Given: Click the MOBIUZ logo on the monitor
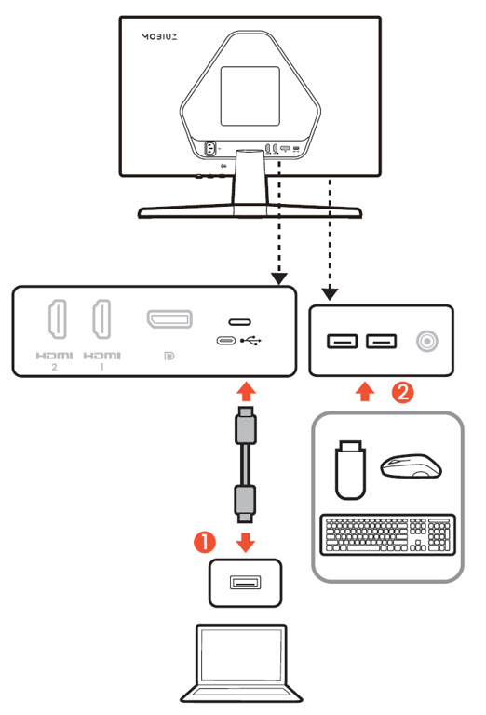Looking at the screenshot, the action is [x=159, y=37].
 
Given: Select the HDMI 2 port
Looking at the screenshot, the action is [x=58, y=318].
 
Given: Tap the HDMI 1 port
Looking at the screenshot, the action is [x=101, y=318].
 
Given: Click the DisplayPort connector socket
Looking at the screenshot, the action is [x=169, y=318].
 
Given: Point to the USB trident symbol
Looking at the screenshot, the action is [x=250, y=340].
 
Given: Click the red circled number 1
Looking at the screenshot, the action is [x=205, y=542].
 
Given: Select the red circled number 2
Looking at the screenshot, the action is [x=403, y=392].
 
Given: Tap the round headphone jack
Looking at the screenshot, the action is [x=427, y=341].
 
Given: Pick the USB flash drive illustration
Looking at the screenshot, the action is [x=350, y=469].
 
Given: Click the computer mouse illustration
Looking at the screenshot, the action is [x=411, y=465].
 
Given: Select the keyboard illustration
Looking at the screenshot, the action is [x=388, y=535].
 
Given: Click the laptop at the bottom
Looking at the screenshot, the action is [x=241, y=664].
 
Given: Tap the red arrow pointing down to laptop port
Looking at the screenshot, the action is [x=245, y=543].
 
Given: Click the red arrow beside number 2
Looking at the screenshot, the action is [x=365, y=392].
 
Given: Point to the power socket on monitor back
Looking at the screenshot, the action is [x=210, y=149].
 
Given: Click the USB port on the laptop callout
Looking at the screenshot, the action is [x=245, y=582].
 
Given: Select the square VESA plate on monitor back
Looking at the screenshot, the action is [x=250, y=96].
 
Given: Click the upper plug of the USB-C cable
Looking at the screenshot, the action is [x=245, y=425].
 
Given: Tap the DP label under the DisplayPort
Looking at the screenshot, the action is [x=169, y=356].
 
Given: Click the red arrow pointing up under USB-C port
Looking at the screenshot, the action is [x=246, y=392].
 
